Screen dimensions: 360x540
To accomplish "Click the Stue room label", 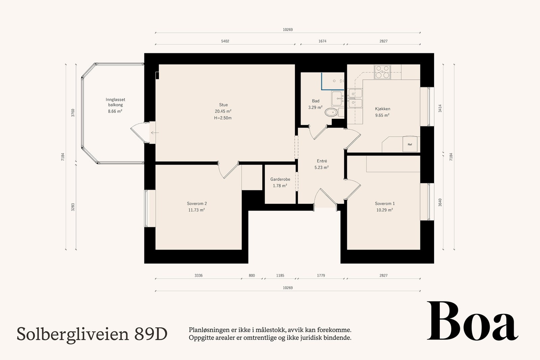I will (x=223, y=105).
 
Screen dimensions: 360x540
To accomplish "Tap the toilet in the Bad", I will (x=331, y=112).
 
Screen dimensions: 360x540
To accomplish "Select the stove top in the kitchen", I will (x=382, y=72).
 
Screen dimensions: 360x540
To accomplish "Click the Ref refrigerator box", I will (x=410, y=144).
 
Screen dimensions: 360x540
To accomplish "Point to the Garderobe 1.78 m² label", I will (x=280, y=183).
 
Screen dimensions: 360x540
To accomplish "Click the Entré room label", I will (x=322, y=161).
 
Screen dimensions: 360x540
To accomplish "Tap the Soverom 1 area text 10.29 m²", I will (x=384, y=210).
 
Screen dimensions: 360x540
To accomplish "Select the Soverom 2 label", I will (x=197, y=203).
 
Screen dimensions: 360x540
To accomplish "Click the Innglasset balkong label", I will (x=115, y=102).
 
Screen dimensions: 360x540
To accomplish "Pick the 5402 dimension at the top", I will (x=225, y=41).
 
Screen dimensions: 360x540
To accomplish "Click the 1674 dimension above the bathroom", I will (x=322, y=41).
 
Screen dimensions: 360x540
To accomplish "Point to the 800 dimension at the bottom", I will (x=252, y=276).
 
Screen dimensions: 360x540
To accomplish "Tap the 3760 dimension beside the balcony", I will (x=73, y=113).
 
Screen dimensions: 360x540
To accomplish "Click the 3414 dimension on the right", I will (x=440, y=108).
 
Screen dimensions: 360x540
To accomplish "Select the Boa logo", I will (x=472, y=321).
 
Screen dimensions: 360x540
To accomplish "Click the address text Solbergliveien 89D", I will (x=92, y=334).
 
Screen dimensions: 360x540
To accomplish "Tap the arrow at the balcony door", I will (x=155, y=133).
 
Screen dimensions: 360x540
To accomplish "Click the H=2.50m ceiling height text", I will (x=223, y=118).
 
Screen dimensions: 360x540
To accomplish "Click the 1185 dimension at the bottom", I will (x=280, y=276).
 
